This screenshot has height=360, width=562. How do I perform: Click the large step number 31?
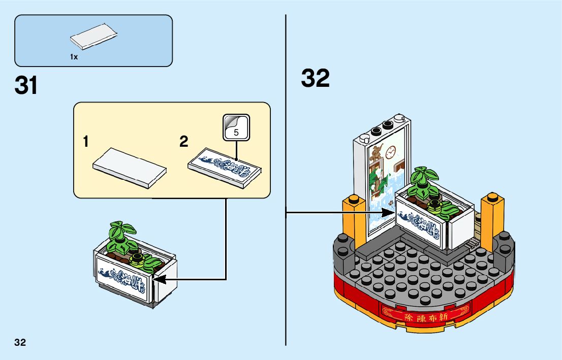[x=26, y=85]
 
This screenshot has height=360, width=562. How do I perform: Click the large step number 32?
[x=315, y=79]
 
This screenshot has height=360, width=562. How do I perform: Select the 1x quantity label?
[x=74, y=57]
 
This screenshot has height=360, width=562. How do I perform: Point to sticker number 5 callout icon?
[x=236, y=127]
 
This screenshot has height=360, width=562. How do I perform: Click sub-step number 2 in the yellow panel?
[x=183, y=142]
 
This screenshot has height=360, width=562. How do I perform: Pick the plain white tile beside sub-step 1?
[x=130, y=168]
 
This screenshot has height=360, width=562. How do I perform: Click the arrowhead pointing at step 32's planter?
[x=392, y=213]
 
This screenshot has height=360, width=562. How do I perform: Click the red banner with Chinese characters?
[x=424, y=314]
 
